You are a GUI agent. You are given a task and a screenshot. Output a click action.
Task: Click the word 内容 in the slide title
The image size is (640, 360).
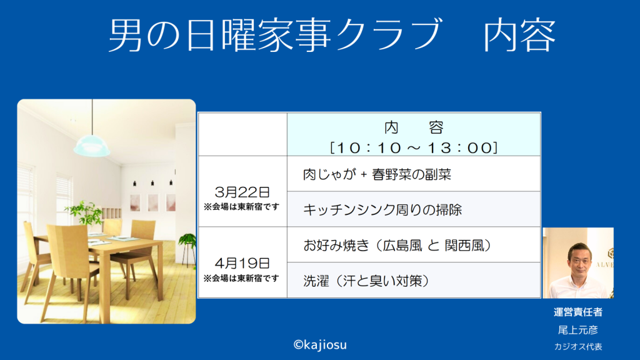(519, 35)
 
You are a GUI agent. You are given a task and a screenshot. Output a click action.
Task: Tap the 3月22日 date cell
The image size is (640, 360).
(242, 192)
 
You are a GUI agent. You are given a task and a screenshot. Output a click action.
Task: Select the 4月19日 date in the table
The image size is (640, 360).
(242, 263)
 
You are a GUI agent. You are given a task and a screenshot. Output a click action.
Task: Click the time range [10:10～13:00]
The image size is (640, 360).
(414, 147)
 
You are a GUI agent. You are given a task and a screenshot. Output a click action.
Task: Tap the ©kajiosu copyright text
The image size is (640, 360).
(320, 345)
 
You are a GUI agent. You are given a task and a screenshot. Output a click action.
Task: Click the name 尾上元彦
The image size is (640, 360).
(578, 330)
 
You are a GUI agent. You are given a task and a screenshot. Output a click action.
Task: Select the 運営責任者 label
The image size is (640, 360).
(578, 312)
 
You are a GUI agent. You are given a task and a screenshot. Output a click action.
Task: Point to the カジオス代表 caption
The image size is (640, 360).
(578, 346)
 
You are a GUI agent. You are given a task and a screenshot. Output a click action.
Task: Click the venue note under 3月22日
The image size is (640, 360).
(242, 207)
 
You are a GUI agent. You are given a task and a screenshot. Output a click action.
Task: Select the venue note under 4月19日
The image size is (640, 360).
(242, 278)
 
